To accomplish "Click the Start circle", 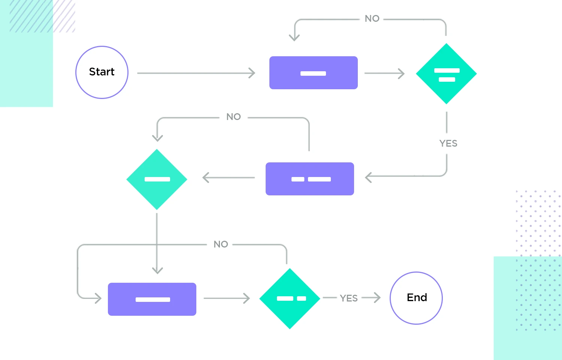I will (x=102, y=72).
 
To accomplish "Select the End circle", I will (x=416, y=298).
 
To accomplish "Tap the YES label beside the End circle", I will (x=348, y=298).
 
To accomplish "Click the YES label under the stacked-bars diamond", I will (x=448, y=143).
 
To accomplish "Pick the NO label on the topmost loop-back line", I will (x=372, y=19).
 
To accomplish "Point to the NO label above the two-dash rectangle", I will (x=233, y=117).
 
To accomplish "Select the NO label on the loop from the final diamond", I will (x=221, y=244).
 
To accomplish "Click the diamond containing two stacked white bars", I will (x=446, y=74).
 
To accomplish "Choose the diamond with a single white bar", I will (x=157, y=179).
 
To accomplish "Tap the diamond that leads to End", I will (x=290, y=298).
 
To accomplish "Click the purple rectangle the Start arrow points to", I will (x=313, y=73).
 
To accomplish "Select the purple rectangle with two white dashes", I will (x=310, y=179).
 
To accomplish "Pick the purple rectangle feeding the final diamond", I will (x=152, y=299).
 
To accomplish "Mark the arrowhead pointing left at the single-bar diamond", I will (x=205, y=177).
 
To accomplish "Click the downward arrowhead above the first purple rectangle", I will (x=294, y=37).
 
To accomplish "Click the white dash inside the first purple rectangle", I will (x=313, y=73).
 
